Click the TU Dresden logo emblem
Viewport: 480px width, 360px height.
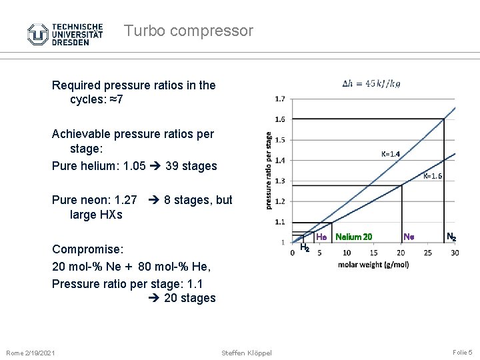(x=37, y=33)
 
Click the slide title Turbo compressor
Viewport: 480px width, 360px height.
(x=189, y=31)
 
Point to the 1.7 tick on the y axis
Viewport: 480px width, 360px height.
(x=279, y=99)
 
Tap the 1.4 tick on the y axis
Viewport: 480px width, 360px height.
(x=279, y=160)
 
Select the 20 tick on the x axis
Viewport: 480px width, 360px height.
(x=401, y=253)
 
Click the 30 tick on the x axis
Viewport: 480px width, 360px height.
(x=455, y=253)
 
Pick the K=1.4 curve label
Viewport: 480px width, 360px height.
(x=391, y=154)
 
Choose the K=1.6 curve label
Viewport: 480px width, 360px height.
(x=433, y=177)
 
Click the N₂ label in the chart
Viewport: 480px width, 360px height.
(x=451, y=236)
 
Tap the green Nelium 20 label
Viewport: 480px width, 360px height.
(x=354, y=236)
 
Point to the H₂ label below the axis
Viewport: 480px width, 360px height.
(x=304, y=247)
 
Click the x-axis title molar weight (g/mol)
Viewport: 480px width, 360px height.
(x=373, y=265)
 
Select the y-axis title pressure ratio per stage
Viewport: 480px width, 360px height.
(x=269, y=170)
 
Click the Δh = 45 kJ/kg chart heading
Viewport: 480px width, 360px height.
(x=371, y=84)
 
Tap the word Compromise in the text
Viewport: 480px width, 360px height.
(x=87, y=249)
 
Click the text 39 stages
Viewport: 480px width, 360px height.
(x=191, y=165)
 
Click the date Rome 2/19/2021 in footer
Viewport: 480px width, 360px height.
(x=31, y=352)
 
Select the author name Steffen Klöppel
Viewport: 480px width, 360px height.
(x=247, y=352)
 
